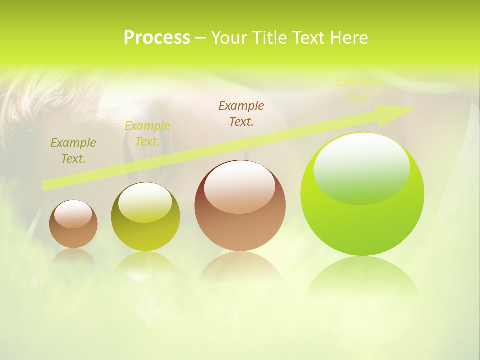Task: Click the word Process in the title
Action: pos(157,38)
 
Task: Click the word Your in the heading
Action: pos(229,38)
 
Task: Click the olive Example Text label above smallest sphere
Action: pos(73,151)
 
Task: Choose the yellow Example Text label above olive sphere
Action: pos(147,134)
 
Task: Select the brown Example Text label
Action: pos(241,113)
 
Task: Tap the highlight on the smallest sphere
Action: pos(73,214)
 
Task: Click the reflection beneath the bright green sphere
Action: pos(362,277)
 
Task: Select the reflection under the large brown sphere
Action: pos(240,267)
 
